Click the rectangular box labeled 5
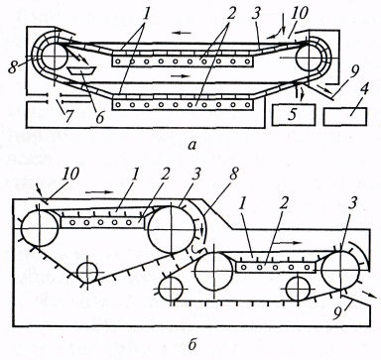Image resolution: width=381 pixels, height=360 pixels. (x=294, y=115)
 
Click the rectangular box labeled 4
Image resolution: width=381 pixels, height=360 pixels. (x=345, y=116)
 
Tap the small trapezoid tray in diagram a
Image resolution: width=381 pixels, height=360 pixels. (x=81, y=70)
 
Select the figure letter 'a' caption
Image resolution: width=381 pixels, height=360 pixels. (x=191, y=145)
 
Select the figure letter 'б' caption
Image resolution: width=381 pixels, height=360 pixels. (x=192, y=345)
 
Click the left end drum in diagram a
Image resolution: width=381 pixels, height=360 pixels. (x=55, y=56)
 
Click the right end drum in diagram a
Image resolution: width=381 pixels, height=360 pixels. (x=310, y=57)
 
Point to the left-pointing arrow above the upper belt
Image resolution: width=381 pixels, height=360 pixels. (x=182, y=33)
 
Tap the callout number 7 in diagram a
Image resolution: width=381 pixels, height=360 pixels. (x=68, y=117)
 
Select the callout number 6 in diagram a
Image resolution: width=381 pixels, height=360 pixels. (x=100, y=117)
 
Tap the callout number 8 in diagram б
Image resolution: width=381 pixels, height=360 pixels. (x=233, y=174)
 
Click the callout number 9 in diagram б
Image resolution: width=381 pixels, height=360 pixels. (x=337, y=313)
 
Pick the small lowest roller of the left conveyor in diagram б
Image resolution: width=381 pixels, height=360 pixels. (x=87, y=273)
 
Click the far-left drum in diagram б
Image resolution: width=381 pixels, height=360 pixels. (x=40, y=228)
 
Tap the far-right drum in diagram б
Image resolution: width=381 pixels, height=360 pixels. (x=340, y=271)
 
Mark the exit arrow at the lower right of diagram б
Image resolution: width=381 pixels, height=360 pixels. (x=369, y=295)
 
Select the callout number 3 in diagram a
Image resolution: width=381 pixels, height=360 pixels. (x=256, y=14)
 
